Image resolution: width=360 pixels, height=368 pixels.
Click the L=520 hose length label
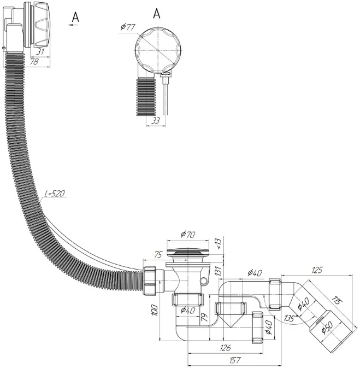tap(55, 194)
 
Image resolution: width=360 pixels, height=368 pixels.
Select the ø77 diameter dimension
tap(128, 27)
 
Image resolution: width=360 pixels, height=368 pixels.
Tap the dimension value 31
tap(40, 51)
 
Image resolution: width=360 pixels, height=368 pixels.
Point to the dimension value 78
tap(34, 62)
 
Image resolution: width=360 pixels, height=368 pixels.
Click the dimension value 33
tap(156, 120)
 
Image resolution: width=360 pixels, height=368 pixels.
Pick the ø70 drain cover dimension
tap(188, 234)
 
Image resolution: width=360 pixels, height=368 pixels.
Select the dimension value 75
tap(158, 255)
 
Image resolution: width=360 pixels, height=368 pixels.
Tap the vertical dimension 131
tap(218, 271)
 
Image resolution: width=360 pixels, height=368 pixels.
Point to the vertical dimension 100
tap(155, 310)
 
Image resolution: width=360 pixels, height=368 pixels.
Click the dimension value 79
tap(204, 317)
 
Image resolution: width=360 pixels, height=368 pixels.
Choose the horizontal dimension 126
tap(226, 348)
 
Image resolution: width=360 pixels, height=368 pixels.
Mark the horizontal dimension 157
tap(234, 360)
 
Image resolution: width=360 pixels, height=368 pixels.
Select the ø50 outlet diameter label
tap(327, 327)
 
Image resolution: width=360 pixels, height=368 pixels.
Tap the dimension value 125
tap(317, 270)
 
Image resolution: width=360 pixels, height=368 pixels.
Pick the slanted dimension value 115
tap(337, 300)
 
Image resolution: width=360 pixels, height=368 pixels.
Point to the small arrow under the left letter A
tap(73, 25)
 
